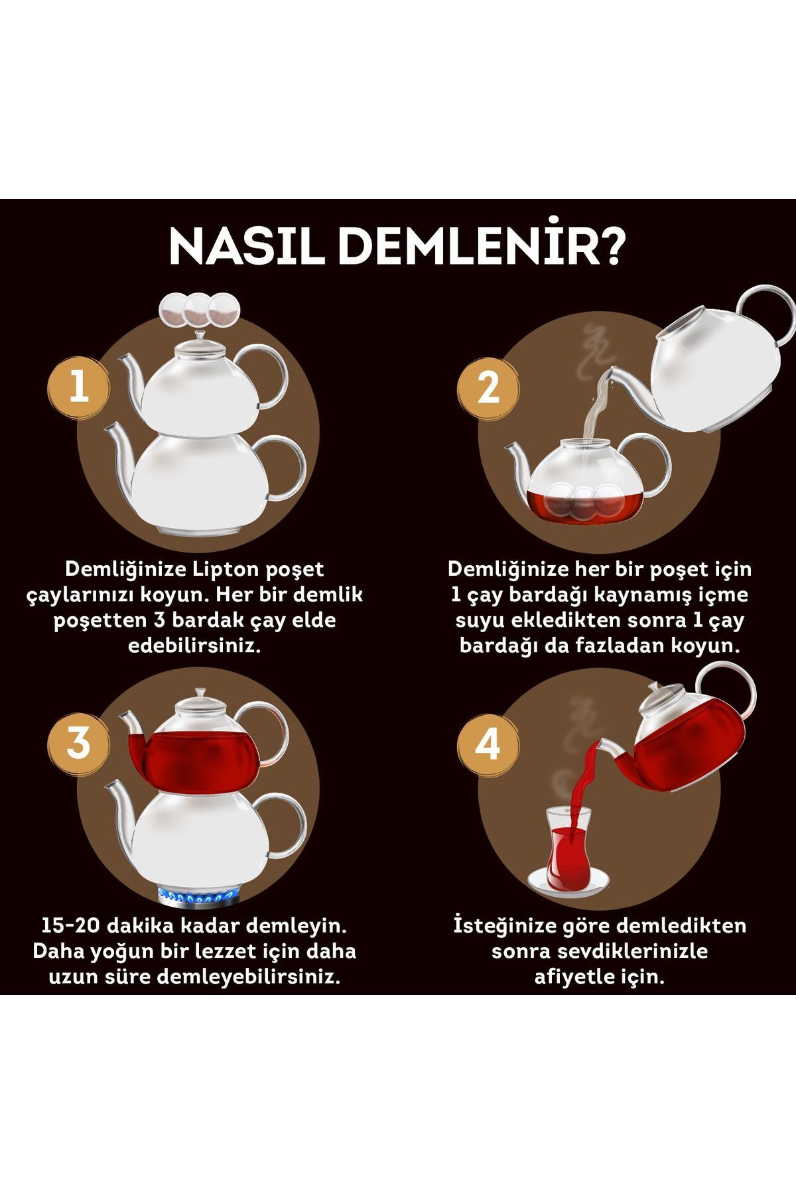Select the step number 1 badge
(x=79, y=386)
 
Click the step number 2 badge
(x=488, y=387)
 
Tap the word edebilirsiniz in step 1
(x=194, y=645)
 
